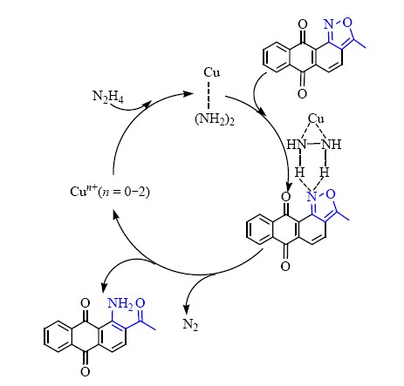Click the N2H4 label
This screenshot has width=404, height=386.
[108, 97]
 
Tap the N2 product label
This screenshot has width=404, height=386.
[190, 325]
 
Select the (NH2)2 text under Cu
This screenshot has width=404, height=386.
[215, 119]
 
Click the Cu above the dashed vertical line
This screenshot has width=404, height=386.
[211, 72]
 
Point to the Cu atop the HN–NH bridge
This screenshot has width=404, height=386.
[316, 119]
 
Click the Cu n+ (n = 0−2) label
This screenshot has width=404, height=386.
[110, 191]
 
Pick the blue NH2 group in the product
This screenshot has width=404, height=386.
[120, 304]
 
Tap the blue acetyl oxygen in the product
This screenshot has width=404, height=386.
[140, 303]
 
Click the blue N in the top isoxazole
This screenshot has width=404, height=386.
[329, 24]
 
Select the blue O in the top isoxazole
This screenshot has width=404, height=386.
[347, 23]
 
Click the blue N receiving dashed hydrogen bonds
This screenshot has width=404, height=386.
[312, 197]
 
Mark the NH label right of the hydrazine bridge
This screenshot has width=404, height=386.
[332, 145]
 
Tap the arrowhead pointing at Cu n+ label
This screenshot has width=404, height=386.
[115, 214]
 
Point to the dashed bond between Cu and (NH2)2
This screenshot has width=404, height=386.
[209, 95]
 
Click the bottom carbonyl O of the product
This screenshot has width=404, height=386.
[85, 372]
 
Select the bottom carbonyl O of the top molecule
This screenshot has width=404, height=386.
[302, 93]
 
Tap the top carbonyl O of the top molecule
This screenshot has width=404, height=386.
[303, 24]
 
